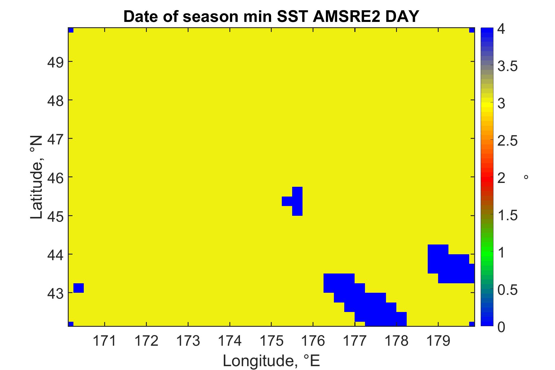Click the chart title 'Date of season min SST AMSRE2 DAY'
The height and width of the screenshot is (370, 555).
271,16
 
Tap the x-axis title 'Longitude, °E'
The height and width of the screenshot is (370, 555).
271,361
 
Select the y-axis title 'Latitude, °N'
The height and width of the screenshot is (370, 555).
37,178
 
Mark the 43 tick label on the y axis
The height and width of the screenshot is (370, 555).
55,293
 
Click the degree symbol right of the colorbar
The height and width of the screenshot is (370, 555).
526,177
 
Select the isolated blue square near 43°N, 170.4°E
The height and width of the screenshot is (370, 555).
78,288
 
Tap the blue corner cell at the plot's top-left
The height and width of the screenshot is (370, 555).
71,30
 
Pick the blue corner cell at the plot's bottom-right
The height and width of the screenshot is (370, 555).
472,324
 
